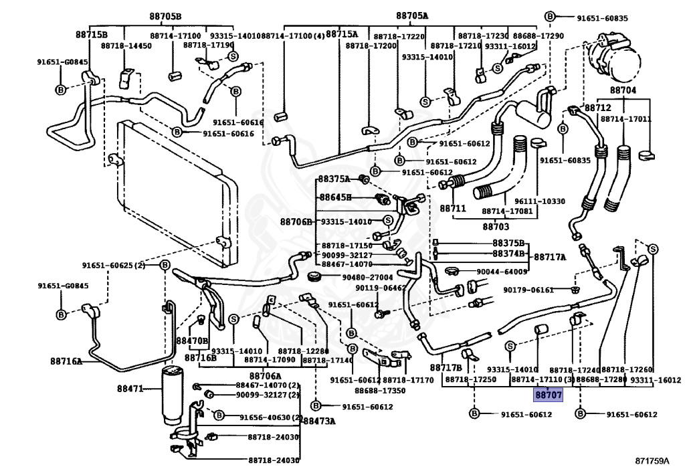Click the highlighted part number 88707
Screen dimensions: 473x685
[548, 395]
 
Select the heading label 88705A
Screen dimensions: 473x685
[412, 16]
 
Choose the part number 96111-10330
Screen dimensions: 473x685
[540, 201]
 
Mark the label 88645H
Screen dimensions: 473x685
[334, 197]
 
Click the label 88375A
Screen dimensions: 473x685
[334, 179]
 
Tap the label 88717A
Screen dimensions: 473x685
[549, 257]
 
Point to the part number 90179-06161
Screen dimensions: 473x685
[528, 290]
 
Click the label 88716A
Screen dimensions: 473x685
[66, 361]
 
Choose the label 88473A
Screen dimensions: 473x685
[319, 421]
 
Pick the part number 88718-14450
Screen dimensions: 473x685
[126, 46]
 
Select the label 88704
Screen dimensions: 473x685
[623, 90]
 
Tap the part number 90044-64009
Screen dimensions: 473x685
[502, 272]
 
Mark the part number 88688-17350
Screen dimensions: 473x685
[380, 391]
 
